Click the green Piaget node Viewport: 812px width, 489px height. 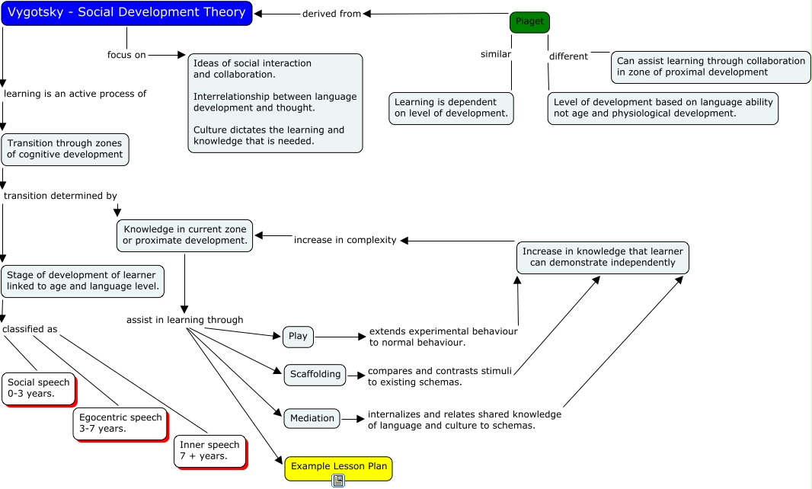[x=529, y=22]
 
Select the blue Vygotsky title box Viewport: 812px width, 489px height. [x=127, y=13]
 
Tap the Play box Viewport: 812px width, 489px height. [x=298, y=337]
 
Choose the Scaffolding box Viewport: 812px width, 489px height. [x=315, y=375]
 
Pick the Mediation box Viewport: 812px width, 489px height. [x=312, y=419]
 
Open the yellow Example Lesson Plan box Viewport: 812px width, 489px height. [x=339, y=467]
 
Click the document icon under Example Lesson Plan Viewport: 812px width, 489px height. [x=338, y=481]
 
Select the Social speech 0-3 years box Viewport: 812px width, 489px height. [x=39, y=388]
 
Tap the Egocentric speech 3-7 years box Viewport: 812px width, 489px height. [x=120, y=423]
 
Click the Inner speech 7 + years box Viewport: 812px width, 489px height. [x=210, y=451]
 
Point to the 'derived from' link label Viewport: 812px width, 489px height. [x=331, y=14]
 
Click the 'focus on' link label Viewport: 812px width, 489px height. [x=126, y=55]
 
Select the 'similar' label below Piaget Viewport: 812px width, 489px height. [x=496, y=54]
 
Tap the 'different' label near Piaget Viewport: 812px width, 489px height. [x=568, y=56]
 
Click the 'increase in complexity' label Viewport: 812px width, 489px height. [x=345, y=241]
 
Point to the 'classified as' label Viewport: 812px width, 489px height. [x=30, y=330]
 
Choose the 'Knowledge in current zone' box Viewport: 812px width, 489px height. [x=184, y=235]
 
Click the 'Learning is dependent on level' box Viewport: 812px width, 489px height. [x=451, y=108]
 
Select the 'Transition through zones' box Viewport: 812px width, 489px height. [x=65, y=149]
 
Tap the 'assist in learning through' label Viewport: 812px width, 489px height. [x=185, y=320]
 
